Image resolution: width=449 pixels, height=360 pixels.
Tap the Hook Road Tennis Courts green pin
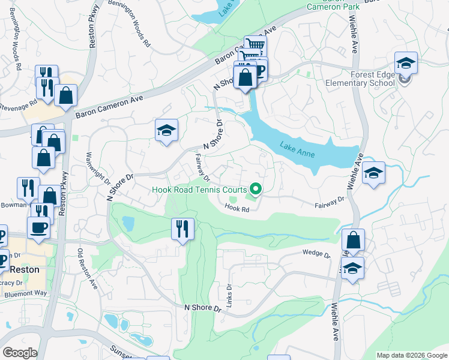click(x=256, y=190)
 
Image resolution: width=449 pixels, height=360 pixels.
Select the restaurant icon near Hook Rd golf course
click(x=181, y=229)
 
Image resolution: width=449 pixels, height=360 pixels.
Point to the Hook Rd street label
click(x=237, y=208)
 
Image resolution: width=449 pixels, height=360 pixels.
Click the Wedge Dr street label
click(x=316, y=254)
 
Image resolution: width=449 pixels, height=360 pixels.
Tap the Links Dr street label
click(x=230, y=293)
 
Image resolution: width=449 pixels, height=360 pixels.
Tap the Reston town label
click(x=24, y=269)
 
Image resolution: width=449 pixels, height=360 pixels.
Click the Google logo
click(x=19, y=353)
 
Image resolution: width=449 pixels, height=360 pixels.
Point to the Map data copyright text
click(x=411, y=355)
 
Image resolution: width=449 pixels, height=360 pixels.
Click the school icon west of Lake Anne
click(x=166, y=130)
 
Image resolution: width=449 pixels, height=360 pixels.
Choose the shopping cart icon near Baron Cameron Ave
click(x=256, y=44)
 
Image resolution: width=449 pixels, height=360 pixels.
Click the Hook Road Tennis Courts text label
click(x=200, y=190)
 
